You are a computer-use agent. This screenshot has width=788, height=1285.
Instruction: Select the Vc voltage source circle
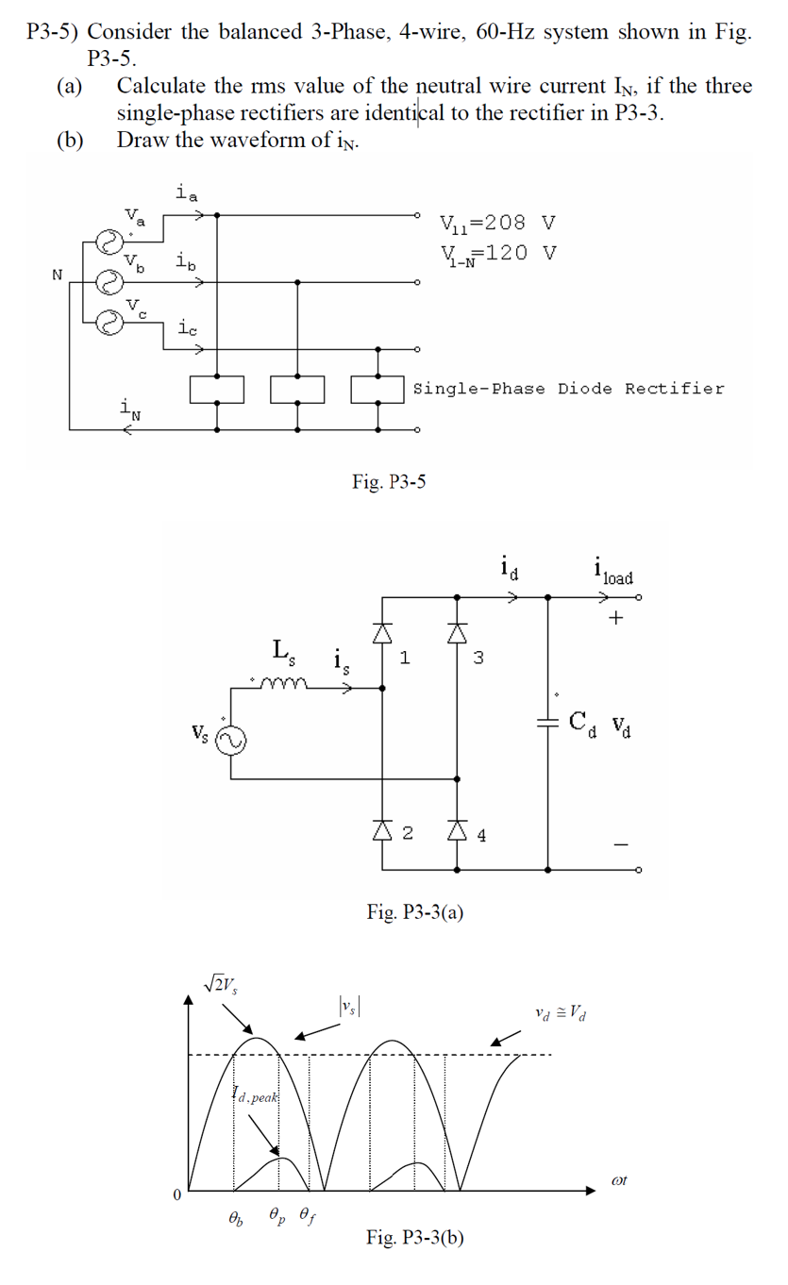point(112,323)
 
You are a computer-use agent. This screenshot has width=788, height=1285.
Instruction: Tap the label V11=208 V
point(497,224)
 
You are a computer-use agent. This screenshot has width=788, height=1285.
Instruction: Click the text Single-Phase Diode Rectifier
point(569,389)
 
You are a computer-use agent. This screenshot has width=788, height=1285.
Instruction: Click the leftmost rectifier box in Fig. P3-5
point(217,389)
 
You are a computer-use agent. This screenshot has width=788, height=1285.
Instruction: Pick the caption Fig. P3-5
point(389,482)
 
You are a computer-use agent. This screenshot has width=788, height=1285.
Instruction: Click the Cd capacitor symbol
point(548,722)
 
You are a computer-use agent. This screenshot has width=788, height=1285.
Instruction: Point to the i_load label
point(612,573)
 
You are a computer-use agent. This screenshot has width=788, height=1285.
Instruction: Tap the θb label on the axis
point(234,1218)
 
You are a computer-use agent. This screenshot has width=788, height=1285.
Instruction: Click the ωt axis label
point(619,1179)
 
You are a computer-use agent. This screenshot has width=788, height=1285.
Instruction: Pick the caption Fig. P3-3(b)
point(415,1238)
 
